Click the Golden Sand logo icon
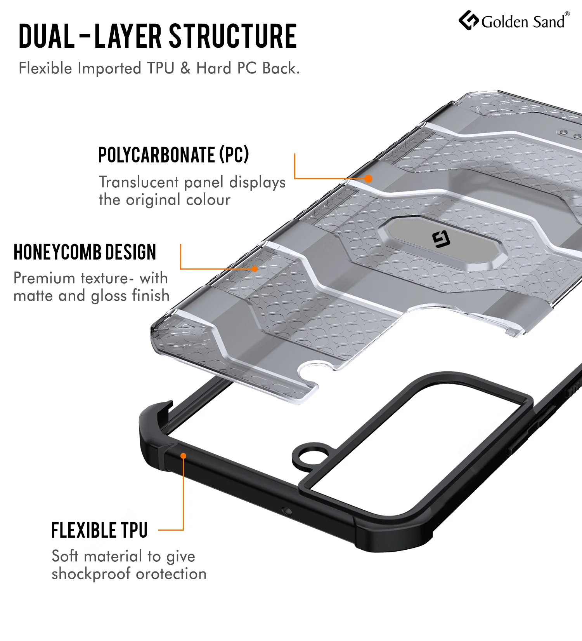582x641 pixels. [x=468, y=21]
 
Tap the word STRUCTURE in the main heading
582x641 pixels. [x=233, y=36]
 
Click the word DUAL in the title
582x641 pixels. [x=47, y=36]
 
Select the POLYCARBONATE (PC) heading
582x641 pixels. [x=173, y=155]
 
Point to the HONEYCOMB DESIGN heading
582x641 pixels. [x=85, y=252]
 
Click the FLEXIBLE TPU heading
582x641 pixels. [x=99, y=530]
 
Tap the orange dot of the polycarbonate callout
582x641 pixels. [x=368, y=179]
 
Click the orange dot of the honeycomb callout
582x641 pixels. [x=255, y=269]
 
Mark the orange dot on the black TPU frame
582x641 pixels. [x=183, y=456]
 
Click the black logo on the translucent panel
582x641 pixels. [x=441, y=239]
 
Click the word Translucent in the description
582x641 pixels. [x=139, y=182]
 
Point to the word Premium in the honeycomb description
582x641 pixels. [x=44, y=278]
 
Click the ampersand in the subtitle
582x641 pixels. [x=185, y=68]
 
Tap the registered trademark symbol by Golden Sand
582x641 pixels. [x=567, y=14]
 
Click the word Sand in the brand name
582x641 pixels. [x=549, y=22]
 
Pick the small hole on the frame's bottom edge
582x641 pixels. [x=287, y=510]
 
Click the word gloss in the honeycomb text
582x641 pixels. [x=110, y=296]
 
